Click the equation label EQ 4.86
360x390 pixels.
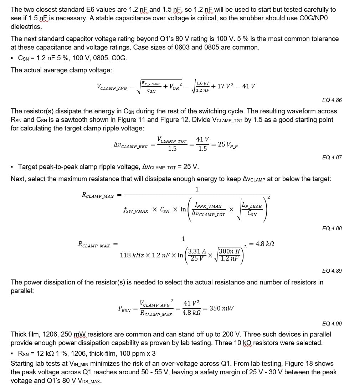pyautogui.click(x=331, y=100)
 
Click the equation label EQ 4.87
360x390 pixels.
pyautogui.click(x=331, y=157)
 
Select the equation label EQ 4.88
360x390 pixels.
pyautogui.click(x=331, y=228)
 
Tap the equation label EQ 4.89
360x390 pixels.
pyautogui.click(x=331, y=271)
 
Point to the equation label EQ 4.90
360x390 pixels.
pyautogui.click(x=331, y=323)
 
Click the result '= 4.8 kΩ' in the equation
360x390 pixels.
pyautogui.click(x=262, y=244)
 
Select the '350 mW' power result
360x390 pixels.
pyautogui.click(x=222, y=308)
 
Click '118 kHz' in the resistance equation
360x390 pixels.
pyautogui.click(x=132, y=255)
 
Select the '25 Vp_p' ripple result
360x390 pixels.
pyautogui.click(x=227, y=144)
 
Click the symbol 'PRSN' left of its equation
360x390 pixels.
pyautogui.click(x=124, y=309)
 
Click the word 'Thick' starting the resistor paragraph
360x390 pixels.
pyautogui.click(x=19, y=334)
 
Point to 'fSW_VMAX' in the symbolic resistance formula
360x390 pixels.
pyautogui.click(x=136, y=210)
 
